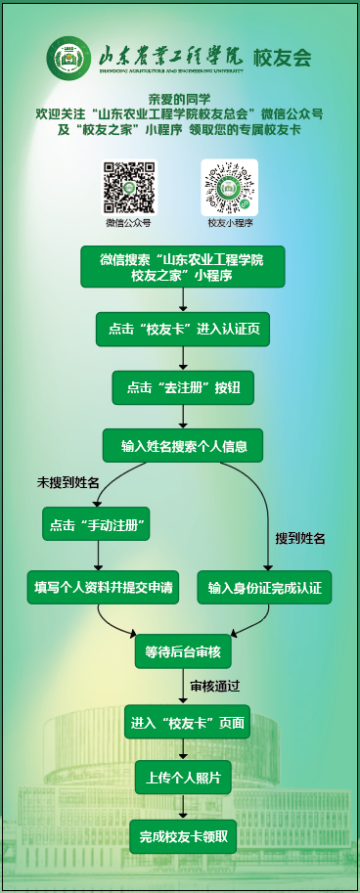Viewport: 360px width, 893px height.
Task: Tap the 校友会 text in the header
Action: pos(283,57)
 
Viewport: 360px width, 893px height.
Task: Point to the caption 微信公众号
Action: pos(128,223)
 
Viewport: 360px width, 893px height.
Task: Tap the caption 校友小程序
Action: pos(230,223)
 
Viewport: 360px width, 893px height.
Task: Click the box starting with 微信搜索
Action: pos(182,267)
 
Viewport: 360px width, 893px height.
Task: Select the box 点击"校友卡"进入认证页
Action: pos(183,329)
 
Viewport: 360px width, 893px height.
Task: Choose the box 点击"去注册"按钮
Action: pos(183,387)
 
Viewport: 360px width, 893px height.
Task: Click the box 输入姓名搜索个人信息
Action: pos(183,445)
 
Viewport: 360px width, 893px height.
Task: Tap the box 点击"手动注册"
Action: pos(96,524)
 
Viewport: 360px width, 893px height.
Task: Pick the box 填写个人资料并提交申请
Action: pos(103,587)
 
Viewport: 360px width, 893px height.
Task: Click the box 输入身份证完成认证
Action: pos(264,587)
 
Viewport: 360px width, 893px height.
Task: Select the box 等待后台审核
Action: pos(183,651)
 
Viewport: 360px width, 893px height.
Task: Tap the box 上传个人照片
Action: pos(183,777)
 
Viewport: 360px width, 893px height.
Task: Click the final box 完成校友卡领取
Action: pos(183,836)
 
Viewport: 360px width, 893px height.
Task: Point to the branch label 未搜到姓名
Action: pos(67,483)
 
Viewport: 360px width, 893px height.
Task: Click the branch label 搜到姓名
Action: pos(300,539)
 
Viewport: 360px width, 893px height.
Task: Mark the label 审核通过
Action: pos(214,687)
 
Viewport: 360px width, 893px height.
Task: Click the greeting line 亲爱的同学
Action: pos(179,99)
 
